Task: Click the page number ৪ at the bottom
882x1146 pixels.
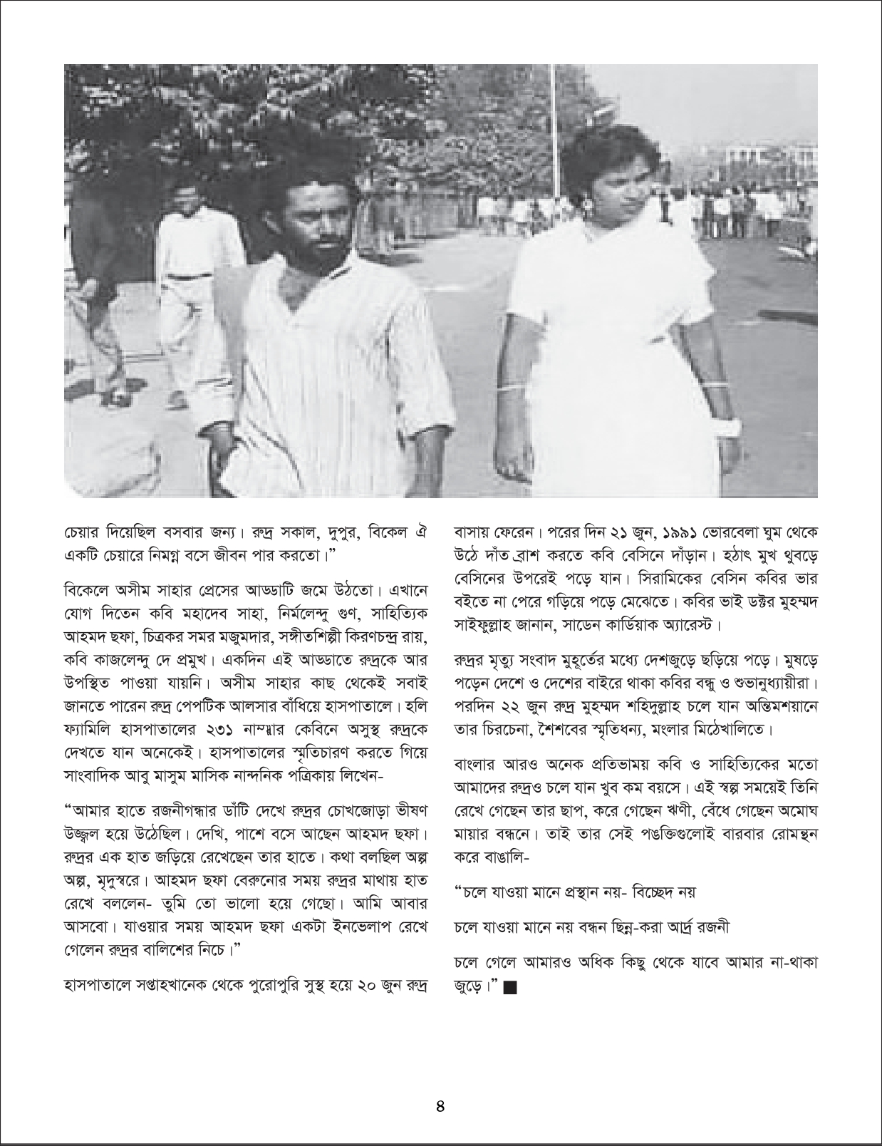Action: (x=440, y=1107)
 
